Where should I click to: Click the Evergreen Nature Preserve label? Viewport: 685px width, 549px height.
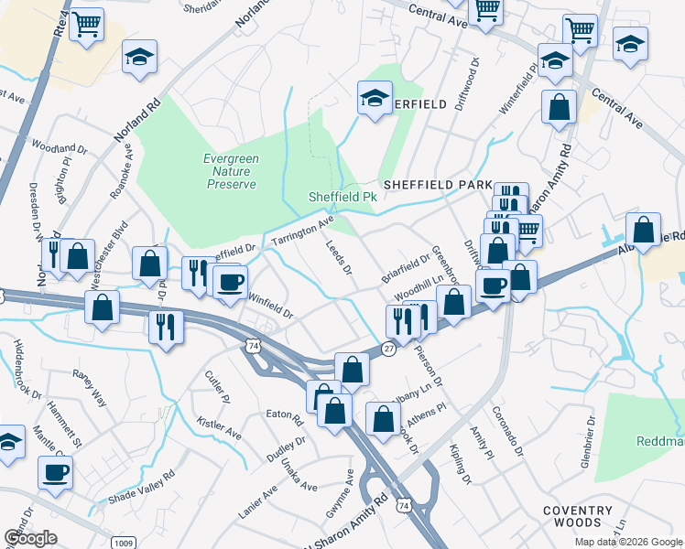point(230,171)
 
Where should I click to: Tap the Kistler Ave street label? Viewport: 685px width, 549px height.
point(219,427)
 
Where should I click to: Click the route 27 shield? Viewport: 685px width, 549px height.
point(388,350)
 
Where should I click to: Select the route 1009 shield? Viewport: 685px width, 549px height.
point(125,543)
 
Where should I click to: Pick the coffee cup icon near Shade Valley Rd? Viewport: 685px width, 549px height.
point(55,472)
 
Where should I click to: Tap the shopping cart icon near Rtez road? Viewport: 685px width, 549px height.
point(86,27)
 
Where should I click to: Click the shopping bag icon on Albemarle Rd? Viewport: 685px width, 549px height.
point(644,229)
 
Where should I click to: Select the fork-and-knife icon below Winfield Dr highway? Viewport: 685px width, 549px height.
point(166,326)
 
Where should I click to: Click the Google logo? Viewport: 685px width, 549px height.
point(30,538)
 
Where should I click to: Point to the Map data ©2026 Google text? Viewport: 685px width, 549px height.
point(627,542)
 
